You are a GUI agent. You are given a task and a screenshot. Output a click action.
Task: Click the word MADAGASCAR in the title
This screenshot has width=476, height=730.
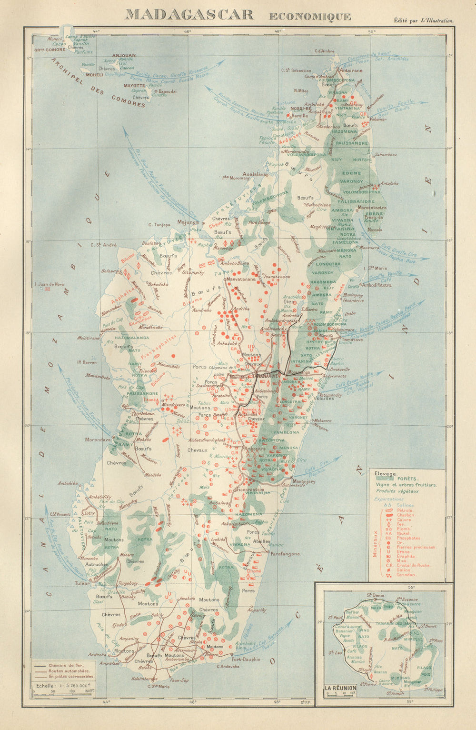click(x=189, y=14)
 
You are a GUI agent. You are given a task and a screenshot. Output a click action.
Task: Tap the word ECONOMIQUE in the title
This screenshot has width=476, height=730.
click(x=310, y=17)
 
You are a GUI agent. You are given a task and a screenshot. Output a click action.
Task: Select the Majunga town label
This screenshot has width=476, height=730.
click(x=187, y=221)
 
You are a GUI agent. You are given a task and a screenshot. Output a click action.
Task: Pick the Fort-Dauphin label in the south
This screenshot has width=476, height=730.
click(x=246, y=660)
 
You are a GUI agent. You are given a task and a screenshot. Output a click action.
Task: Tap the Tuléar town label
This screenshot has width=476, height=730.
click(x=82, y=583)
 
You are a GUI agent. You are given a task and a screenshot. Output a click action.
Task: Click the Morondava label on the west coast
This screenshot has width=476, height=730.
click(x=98, y=440)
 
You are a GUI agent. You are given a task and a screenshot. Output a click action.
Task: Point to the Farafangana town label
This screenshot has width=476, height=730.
click(x=285, y=554)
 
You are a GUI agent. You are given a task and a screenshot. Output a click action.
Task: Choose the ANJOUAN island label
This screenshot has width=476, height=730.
click(x=124, y=55)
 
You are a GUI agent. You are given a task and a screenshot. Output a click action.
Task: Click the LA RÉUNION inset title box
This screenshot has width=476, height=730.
click(x=341, y=688)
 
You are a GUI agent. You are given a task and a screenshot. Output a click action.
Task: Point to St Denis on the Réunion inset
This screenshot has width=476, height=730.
click(x=375, y=595)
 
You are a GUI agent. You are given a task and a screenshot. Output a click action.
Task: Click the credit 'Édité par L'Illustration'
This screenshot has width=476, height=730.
click(x=423, y=20)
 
